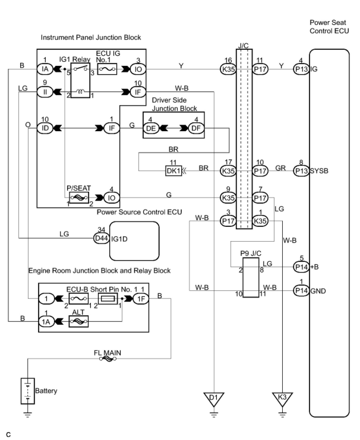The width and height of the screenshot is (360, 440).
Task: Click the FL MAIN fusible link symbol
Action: pos(108,359)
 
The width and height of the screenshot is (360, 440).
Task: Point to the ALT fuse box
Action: pos(78,322)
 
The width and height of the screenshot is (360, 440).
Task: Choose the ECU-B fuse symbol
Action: pos(78,299)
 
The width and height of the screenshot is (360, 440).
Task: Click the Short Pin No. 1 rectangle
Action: pos(108,299)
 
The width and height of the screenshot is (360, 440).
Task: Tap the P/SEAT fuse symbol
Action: pos(79,197)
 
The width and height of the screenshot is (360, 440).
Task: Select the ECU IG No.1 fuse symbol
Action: pos(107,69)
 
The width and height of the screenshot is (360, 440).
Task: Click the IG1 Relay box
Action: pos(80,80)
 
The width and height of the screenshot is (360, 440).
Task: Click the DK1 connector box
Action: pos(173,171)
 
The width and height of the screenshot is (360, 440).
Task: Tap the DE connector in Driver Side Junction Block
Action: pos(151,128)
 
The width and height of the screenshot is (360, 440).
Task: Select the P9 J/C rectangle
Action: pos(251,278)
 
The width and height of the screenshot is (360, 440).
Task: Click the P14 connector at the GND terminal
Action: pos(301,291)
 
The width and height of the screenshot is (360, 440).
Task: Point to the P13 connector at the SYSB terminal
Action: pos(301,171)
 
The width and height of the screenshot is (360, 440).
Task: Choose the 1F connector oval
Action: pos(141,299)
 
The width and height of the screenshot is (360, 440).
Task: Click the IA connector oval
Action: pos(45,69)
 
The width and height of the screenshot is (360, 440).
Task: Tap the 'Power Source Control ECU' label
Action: pos(139,212)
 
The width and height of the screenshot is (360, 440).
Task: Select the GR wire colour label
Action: pos(280,168)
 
